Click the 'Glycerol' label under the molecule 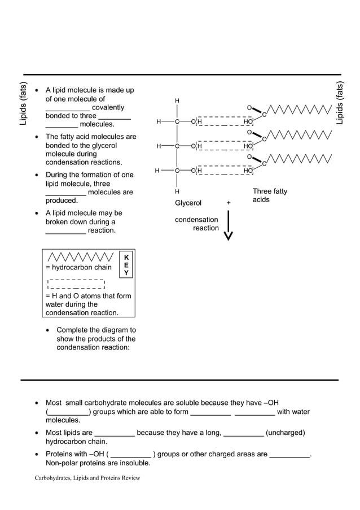[x=188, y=203]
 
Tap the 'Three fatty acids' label [x=269, y=195]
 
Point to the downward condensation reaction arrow [x=228, y=226]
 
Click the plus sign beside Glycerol [x=229, y=203]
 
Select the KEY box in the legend [x=126, y=265]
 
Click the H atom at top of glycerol [x=177, y=101]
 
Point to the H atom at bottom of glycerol [x=177, y=192]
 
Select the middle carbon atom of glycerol [x=177, y=146]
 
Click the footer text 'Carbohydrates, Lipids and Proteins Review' [x=87, y=478]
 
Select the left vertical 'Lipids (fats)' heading [x=23, y=104]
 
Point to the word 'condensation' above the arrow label [x=196, y=220]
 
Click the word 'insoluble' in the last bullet [x=134, y=464]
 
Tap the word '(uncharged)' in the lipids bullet [x=285, y=433]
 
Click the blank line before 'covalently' [x=67, y=108]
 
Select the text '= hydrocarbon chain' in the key [x=78, y=267]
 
